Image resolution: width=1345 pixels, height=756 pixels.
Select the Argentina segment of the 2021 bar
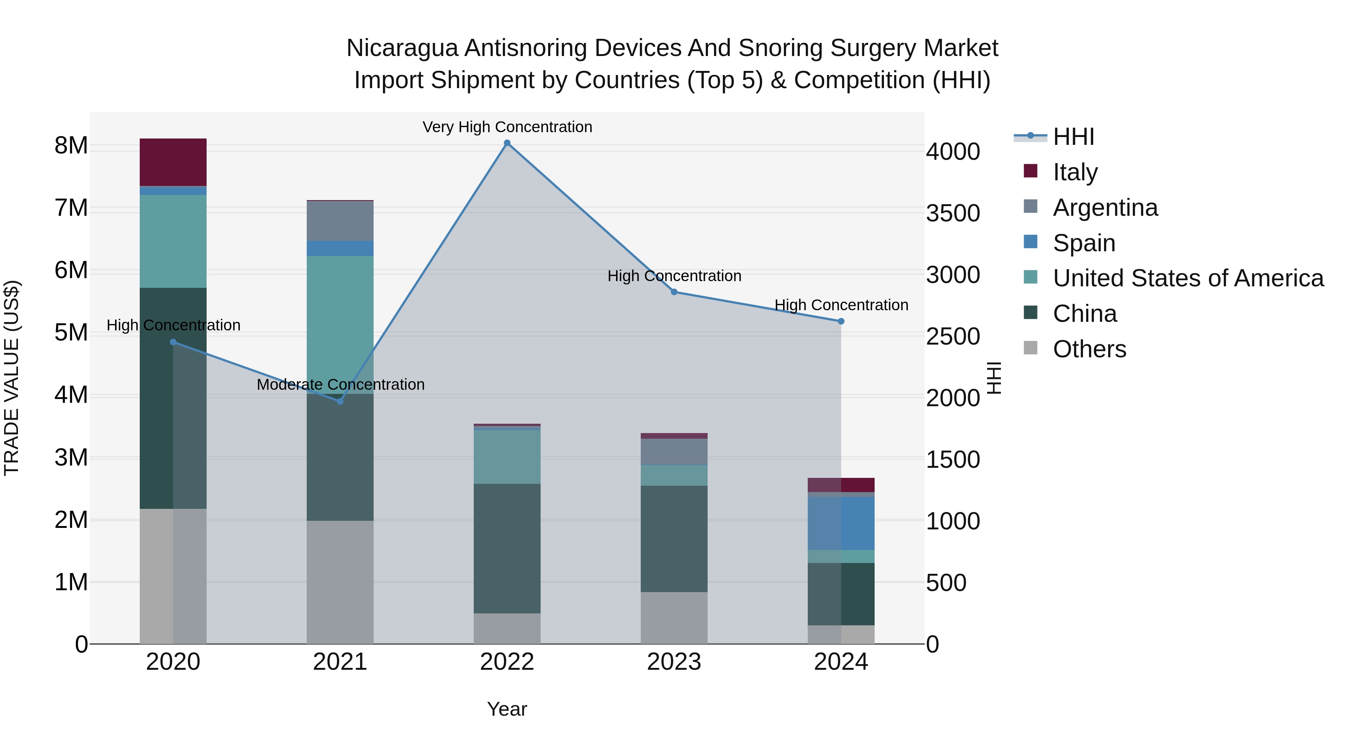pos(340,221)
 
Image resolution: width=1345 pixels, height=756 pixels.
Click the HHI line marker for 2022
pos(507,143)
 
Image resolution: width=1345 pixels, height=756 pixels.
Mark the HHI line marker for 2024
pos(841,321)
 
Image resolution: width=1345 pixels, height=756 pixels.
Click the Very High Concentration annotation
pos(507,127)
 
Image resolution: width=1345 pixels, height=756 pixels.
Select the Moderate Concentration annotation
pos(340,385)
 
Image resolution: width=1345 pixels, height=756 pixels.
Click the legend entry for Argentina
pos(1105,208)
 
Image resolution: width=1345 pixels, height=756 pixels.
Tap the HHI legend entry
pos(1073,137)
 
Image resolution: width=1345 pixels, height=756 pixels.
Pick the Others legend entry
pos(1089,349)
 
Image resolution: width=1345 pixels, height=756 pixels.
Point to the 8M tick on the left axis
pos(71,146)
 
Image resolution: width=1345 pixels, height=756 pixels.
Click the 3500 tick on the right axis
pos(953,214)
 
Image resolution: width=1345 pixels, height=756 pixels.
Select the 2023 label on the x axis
pos(674,662)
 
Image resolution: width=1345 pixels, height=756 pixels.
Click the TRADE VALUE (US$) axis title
pos(12,378)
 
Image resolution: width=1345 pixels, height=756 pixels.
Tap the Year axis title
pos(507,709)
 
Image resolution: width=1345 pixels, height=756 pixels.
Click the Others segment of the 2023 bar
pos(674,618)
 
